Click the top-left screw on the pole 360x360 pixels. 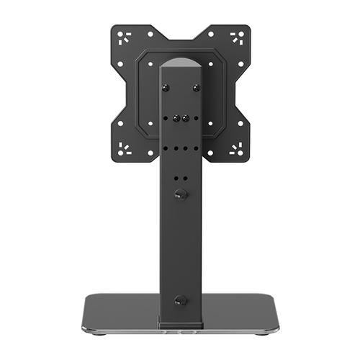coord(165,87)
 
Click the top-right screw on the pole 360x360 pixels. coord(196,87)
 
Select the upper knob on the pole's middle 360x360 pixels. coord(180,194)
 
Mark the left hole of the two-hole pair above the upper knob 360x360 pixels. coord(175,176)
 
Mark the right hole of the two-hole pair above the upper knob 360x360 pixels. coord(185,176)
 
